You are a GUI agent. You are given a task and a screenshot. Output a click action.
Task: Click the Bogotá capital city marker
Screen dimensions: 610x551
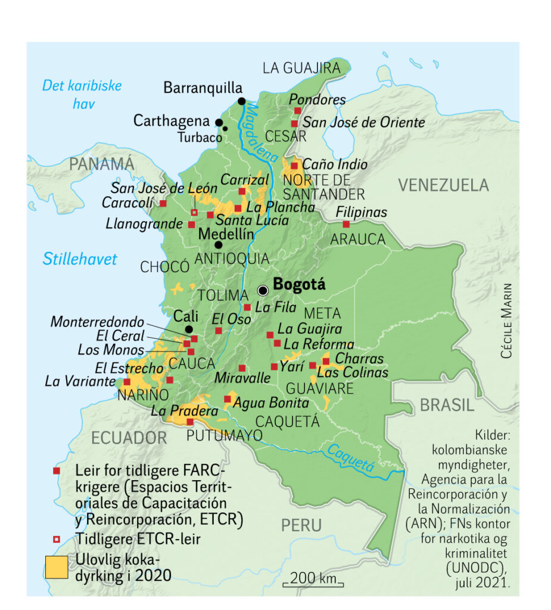(263, 290)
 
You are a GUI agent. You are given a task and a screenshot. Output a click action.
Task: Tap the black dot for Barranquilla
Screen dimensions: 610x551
(242, 101)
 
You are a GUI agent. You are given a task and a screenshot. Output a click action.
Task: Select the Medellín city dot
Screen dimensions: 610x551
(219, 245)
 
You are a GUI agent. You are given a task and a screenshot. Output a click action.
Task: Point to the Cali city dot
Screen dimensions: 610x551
(189, 329)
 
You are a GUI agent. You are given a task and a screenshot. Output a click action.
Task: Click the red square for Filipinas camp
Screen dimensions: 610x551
(346, 224)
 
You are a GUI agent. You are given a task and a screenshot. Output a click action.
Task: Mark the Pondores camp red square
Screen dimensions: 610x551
(297, 111)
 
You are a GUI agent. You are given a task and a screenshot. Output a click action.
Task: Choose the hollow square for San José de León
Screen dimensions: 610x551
(194, 212)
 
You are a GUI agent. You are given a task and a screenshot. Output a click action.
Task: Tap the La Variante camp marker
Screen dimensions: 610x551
(127, 382)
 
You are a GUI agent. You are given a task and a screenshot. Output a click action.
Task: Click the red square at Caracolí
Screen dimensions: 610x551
(163, 203)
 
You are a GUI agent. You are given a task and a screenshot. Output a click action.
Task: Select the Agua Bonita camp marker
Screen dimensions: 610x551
(227, 399)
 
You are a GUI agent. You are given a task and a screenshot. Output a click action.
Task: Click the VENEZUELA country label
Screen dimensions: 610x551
(443, 185)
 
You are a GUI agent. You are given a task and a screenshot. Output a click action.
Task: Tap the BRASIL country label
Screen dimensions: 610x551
(447, 405)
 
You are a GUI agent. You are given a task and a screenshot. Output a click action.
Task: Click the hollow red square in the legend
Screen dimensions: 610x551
(57, 539)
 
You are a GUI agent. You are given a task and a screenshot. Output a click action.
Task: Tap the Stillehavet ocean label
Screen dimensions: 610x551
(80, 259)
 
